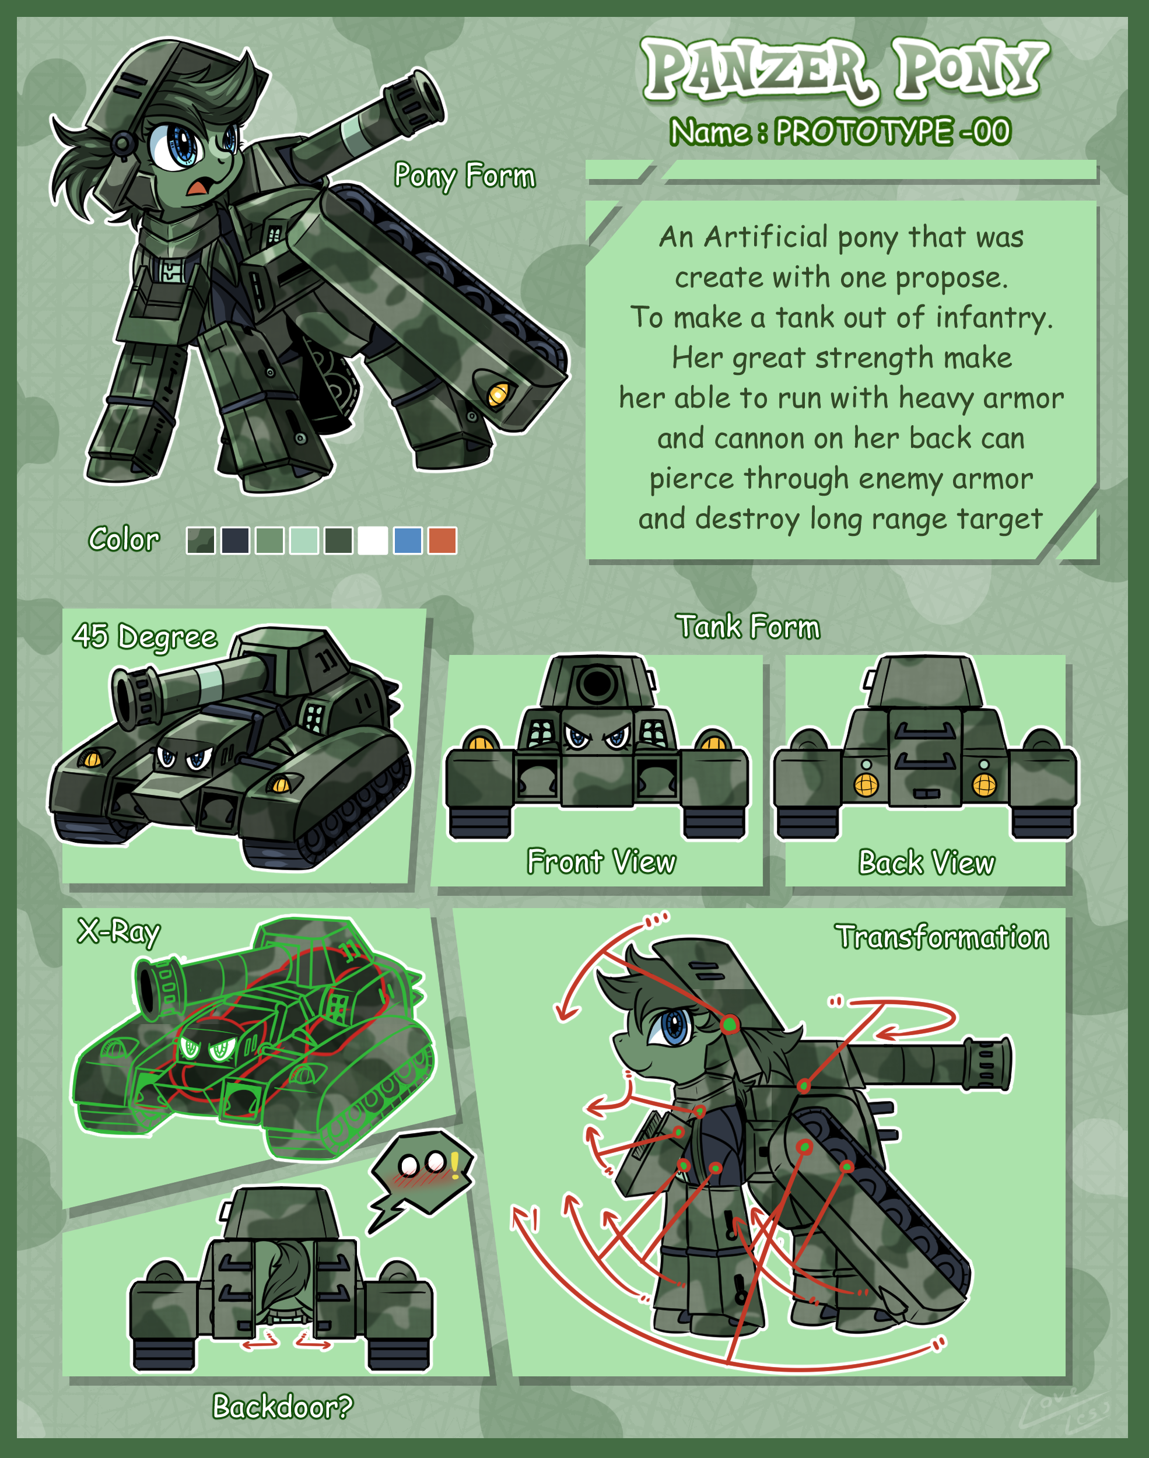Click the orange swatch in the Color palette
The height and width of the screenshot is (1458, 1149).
point(442,540)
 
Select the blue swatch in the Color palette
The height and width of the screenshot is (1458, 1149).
point(408,540)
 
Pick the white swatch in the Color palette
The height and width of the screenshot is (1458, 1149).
point(373,540)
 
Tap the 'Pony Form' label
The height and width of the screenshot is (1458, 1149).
point(465,176)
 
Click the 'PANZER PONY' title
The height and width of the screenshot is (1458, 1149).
point(845,69)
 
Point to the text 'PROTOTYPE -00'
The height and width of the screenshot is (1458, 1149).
point(892,131)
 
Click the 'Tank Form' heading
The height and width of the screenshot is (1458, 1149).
point(748,626)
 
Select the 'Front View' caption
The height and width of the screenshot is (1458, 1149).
point(601,861)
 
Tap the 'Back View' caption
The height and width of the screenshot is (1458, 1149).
point(926,862)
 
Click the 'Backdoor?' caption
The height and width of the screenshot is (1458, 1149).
point(282,1406)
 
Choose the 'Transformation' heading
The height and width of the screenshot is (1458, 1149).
point(942,936)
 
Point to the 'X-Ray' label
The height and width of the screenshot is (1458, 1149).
point(119,931)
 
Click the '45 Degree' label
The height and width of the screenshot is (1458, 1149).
point(145,636)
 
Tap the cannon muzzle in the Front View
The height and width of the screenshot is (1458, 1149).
point(597,684)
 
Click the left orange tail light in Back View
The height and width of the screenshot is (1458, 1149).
point(866,784)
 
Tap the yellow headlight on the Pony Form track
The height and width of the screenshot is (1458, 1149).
point(498,394)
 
